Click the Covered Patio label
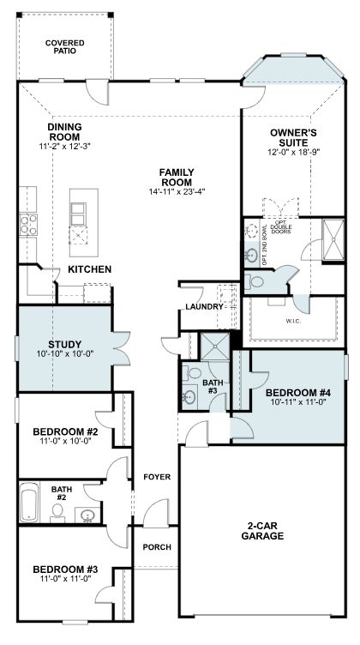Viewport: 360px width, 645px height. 65,47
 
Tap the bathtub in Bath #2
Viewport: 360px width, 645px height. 29,502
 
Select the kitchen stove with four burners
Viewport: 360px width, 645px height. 28,224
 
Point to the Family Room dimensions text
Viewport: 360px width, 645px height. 177,191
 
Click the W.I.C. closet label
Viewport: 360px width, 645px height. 293,322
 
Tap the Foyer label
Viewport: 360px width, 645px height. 157,477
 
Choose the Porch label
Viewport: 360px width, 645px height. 157,547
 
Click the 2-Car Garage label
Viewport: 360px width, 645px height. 262,531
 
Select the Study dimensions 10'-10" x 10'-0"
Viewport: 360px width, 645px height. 65,353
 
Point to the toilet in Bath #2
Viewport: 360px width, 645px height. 57,513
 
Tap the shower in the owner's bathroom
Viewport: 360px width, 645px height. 333,240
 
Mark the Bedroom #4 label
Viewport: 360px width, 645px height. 298,392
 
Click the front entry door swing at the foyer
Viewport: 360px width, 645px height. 156,513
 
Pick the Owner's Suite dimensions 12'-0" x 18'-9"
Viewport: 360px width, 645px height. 294,151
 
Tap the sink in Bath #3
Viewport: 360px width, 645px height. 189,397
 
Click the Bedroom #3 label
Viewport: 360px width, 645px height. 65,570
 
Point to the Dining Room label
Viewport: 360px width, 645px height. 64,131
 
